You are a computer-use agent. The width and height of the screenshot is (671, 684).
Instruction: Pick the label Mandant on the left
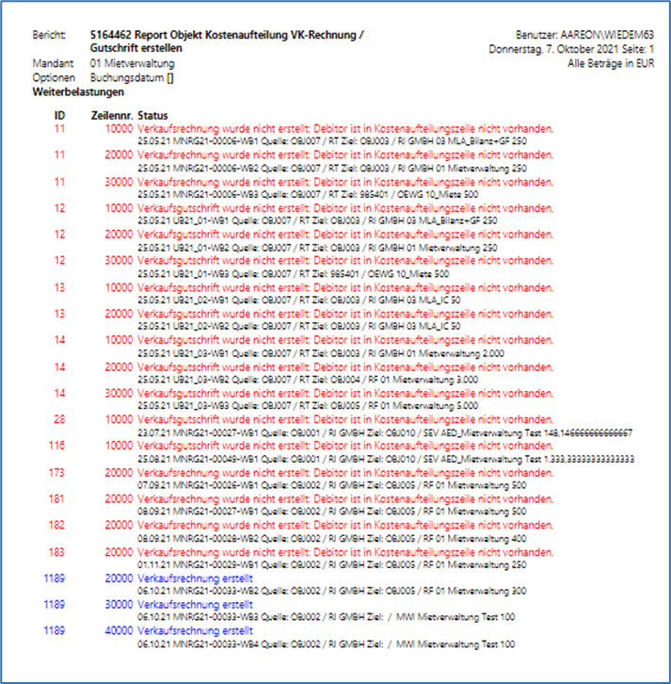(51, 61)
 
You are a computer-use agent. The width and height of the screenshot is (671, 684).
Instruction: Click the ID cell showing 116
(58, 446)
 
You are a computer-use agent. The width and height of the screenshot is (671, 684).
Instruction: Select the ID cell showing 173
(58, 472)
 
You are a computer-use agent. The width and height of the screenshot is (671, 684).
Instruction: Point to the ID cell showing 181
(58, 499)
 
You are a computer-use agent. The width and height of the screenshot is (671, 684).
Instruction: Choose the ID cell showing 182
(58, 526)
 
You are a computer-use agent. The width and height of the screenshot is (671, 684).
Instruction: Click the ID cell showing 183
(58, 552)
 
